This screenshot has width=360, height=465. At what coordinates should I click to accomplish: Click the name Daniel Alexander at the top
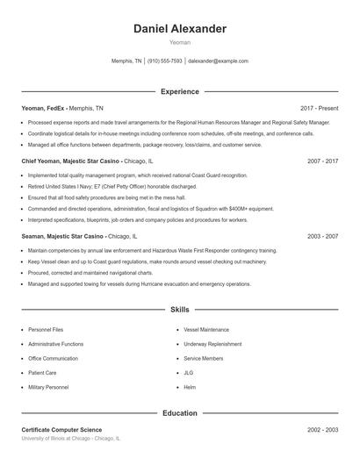coord(179,29)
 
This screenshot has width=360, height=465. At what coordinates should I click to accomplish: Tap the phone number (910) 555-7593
coord(165,61)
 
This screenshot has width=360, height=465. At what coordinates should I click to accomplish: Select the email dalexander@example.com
coord(219,61)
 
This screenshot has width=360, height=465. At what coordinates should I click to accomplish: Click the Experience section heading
coord(179,91)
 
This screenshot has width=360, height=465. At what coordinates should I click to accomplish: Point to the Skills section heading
coord(179,310)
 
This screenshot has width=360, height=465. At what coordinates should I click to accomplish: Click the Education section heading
coord(179,412)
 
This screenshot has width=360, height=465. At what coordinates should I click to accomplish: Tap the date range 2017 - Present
coord(319,108)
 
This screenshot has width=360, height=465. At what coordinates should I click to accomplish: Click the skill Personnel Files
coord(46,330)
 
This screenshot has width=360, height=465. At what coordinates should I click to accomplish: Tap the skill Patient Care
coord(43,372)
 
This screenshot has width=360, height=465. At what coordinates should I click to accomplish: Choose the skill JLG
coord(189,372)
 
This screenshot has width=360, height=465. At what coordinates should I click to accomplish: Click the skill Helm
coord(190,387)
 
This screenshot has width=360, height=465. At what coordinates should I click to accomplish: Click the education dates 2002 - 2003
coord(323,430)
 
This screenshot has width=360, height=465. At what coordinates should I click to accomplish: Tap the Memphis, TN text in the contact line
coord(126,61)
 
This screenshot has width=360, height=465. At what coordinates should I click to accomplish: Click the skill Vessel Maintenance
coord(206,330)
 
